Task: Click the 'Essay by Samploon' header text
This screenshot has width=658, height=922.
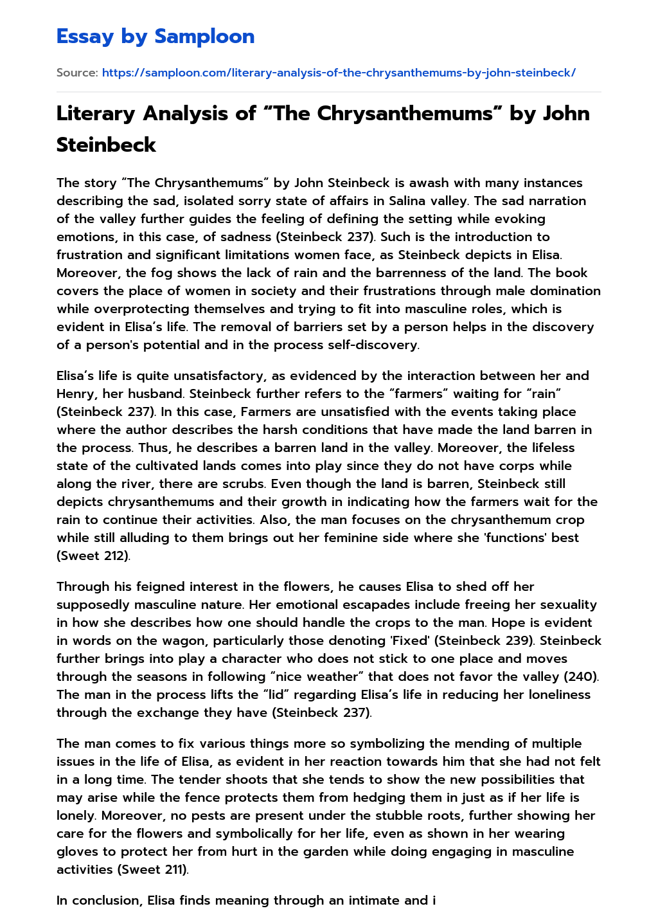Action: click(156, 37)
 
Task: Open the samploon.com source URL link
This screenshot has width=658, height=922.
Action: click(339, 73)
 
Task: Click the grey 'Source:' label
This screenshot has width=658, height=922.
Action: click(77, 73)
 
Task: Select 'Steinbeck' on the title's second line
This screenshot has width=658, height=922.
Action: click(106, 145)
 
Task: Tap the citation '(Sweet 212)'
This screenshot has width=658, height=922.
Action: click(93, 556)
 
